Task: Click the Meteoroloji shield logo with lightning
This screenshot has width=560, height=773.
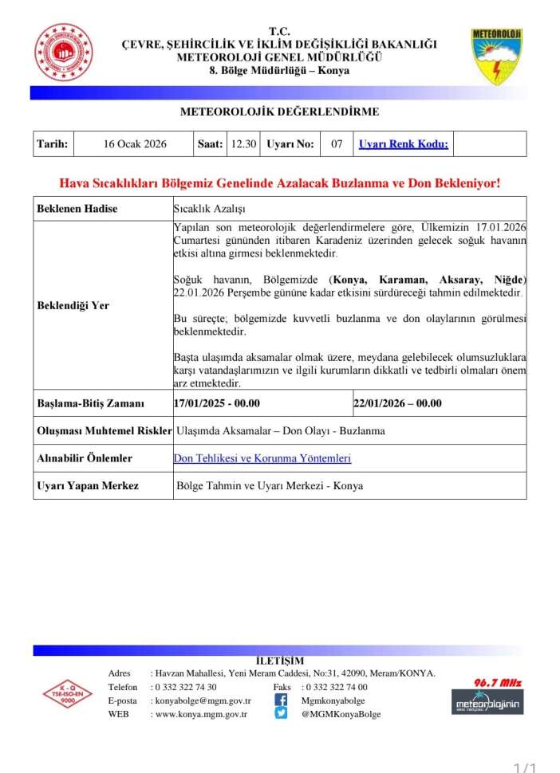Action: tap(496, 56)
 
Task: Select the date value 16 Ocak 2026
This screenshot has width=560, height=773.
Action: tap(135, 144)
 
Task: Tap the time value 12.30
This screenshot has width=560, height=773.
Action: tap(243, 144)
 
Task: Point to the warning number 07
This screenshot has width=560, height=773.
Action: tap(337, 144)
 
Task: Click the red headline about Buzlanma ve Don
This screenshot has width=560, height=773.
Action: tap(280, 183)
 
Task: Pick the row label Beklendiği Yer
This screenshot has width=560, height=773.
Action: tap(73, 305)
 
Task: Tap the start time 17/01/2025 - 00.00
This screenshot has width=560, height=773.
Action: tap(218, 403)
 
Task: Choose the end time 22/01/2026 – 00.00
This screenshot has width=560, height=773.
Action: tap(397, 403)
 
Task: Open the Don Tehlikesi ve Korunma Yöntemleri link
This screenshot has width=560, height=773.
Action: tap(262, 458)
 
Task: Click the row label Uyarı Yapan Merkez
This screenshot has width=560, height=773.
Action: tap(88, 485)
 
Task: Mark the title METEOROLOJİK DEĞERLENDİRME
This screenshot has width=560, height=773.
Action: tap(279, 112)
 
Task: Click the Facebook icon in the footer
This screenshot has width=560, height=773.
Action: tap(281, 700)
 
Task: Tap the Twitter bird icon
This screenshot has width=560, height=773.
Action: tap(281, 714)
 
